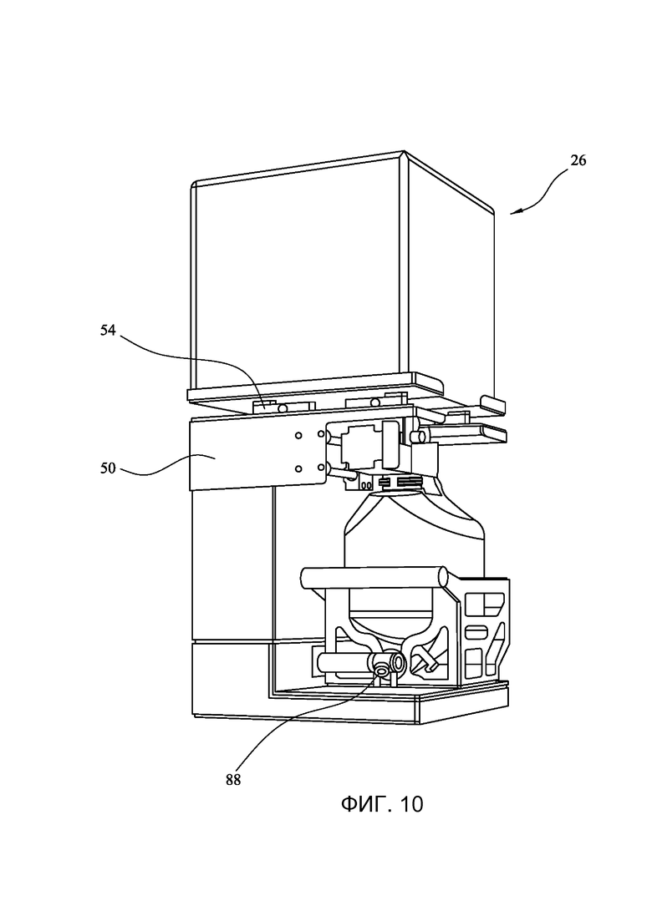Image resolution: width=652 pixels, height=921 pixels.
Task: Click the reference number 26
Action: pyautogui.click(x=578, y=160)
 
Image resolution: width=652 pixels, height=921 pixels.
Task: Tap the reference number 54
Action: pyautogui.click(x=108, y=331)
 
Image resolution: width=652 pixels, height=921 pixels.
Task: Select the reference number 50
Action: pyautogui.click(x=108, y=469)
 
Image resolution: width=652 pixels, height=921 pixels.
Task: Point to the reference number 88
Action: pyautogui.click(x=233, y=781)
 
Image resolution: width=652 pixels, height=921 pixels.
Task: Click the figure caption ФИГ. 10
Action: pyautogui.click(x=381, y=804)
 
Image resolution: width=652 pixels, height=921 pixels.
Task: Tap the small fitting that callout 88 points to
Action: pyautogui.click(x=381, y=669)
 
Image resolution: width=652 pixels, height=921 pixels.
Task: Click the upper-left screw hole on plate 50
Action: pyautogui.click(x=298, y=435)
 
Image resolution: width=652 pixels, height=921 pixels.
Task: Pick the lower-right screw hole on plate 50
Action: pyautogui.click(x=321, y=468)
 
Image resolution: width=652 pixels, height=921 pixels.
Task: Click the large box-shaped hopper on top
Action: pyautogui.click(x=342, y=276)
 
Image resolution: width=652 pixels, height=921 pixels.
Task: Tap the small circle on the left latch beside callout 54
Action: pyautogui.click(x=283, y=407)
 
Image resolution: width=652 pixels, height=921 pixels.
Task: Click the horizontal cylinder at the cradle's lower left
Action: pyautogui.click(x=342, y=663)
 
